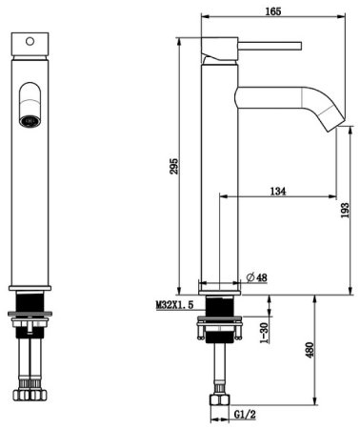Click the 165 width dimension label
click(x=273, y=11)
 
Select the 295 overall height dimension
click(x=174, y=166)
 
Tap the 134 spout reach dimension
click(x=278, y=192)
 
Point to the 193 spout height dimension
click(x=345, y=210)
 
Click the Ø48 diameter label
click(x=257, y=277)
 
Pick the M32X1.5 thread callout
click(x=174, y=305)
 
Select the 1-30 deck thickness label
click(x=264, y=333)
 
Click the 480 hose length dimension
click(x=310, y=350)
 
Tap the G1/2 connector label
click(x=245, y=415)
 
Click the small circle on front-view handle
click(x=30, y=41)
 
